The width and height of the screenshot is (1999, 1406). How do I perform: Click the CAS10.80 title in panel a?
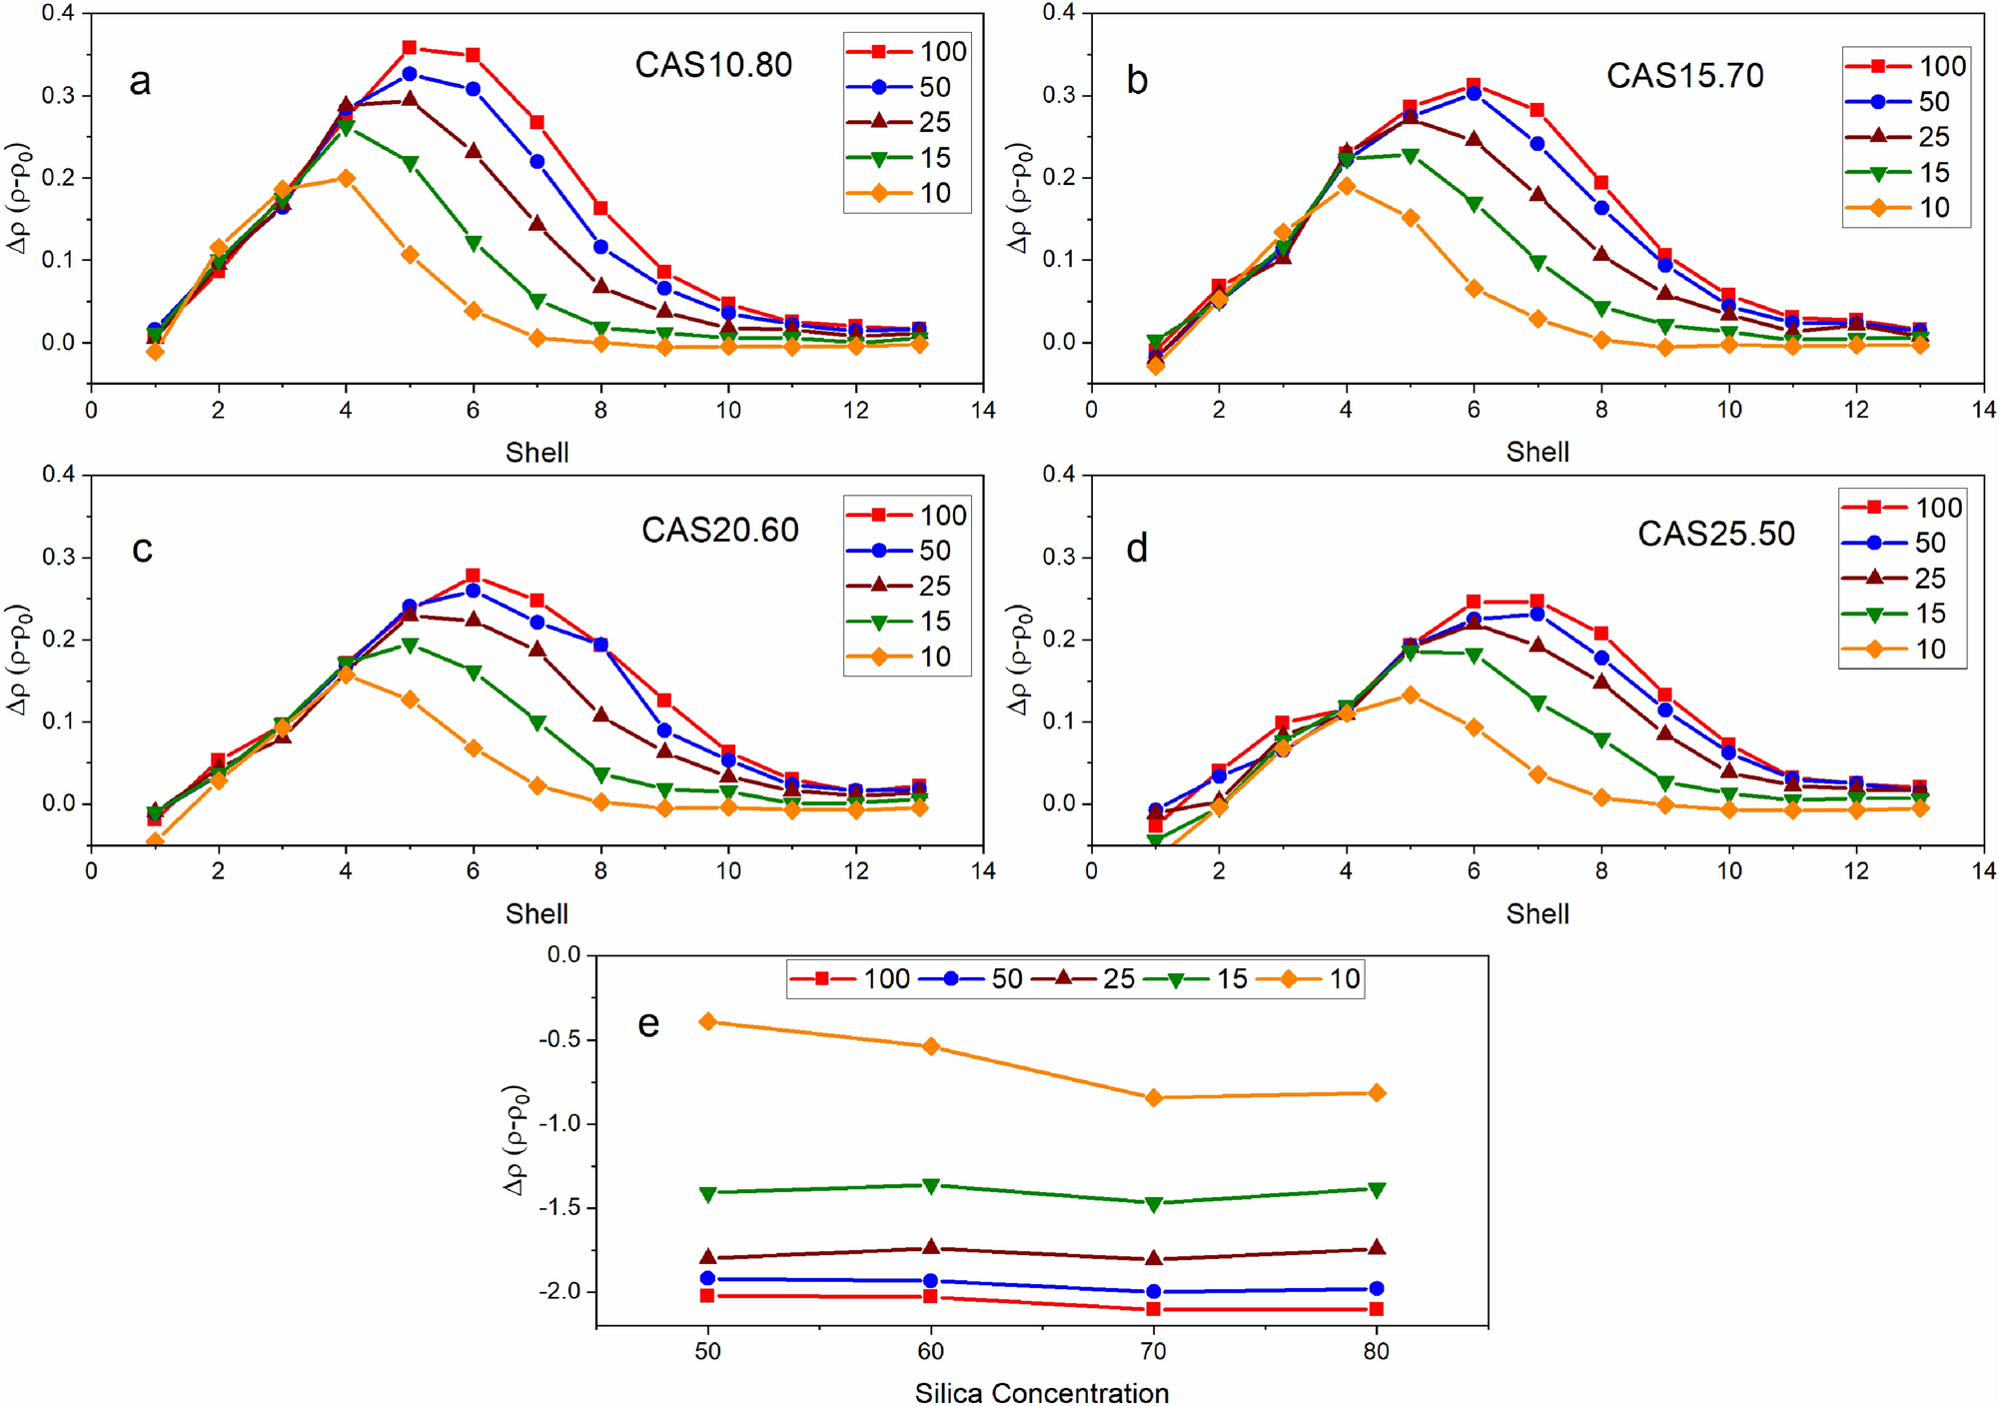(x=713, y=65)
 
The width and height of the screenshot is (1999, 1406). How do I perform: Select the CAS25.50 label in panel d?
(x=1715, y=534)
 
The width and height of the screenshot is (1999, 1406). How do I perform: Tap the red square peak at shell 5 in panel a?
(x=410, y=48)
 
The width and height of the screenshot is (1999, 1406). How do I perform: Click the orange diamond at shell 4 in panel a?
(x=347, y=178)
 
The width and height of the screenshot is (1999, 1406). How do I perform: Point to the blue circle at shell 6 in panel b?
(x=1474, y=93)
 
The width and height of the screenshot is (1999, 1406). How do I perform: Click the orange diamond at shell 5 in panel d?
(x=1410, y=695)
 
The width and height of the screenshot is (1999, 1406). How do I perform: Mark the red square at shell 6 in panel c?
(x=474, y=576)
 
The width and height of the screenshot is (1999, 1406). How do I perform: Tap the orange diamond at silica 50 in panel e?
(x=708, y=1021)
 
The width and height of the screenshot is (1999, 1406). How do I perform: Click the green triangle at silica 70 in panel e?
(x=1154, y=1204)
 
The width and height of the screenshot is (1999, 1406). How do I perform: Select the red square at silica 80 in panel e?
(x=1377, y=1309)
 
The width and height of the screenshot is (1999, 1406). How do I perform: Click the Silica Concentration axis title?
(x=1041, y=1392)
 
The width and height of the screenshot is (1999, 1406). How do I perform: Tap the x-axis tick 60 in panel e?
(x=931, y=1351)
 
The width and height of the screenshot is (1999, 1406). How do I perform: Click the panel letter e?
(x=648, y=1023)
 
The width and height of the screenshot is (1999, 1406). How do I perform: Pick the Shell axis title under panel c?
(x=536, y=913)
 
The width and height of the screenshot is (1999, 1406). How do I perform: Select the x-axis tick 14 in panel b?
(x=1983, y=409)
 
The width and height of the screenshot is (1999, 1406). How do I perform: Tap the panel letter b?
(x=1137, y=80)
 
